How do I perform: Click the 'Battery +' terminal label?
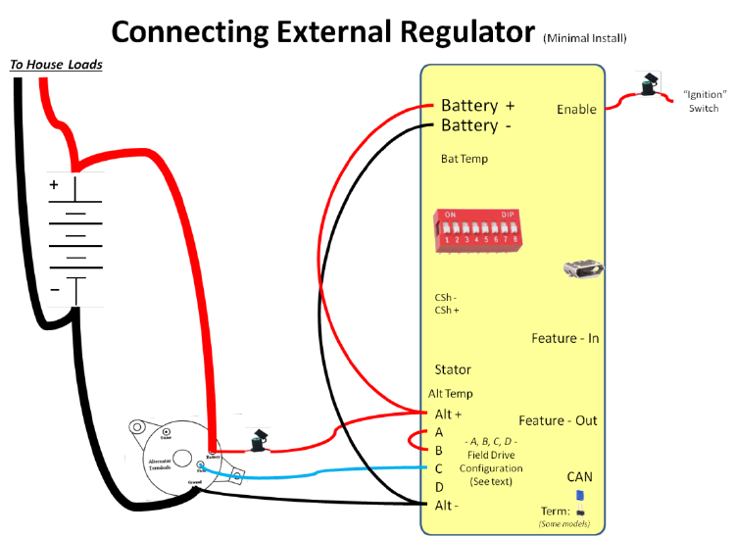click(x=477, y=105)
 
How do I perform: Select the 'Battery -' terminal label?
click(x=476, y=125)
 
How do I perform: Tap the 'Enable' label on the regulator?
click(x=576, y=109)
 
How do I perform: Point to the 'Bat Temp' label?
click(x=464, y=159)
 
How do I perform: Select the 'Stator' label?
click(x=453, y=369)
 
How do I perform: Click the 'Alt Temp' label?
click(x=451, y=393)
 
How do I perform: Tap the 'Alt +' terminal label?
click(x=448, y=414)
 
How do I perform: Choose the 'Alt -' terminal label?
click(x=446, y=505)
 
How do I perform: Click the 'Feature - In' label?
click(x=565, y=338)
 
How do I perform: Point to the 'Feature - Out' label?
click(x=558, y=420)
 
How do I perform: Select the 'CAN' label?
click(x=579, y=477)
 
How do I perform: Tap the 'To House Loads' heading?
click(x=56, y=65)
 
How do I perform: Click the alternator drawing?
click(x=172, y=461)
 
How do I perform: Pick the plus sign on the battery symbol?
click(x=54, y=183)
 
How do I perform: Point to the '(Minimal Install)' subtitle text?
click(x=584, y=38)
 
